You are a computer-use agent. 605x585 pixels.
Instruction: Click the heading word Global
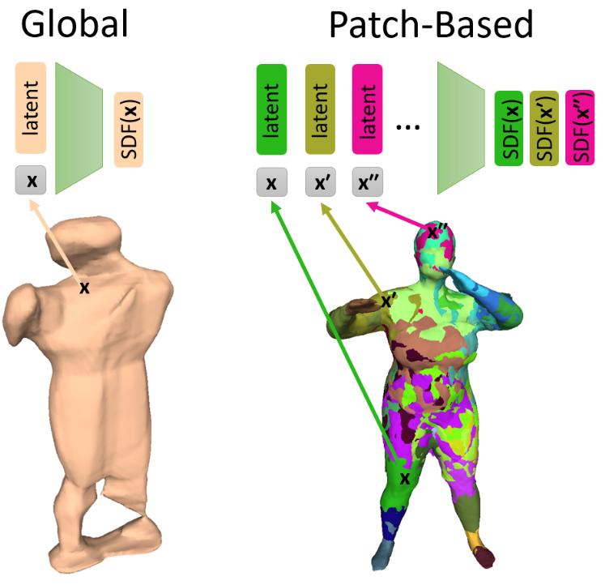point(75,26)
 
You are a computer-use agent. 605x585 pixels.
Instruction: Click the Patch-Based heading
point(430,26)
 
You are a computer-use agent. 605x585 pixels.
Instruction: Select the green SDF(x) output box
point(509,127)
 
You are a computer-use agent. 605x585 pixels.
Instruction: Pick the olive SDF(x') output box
point(546,127)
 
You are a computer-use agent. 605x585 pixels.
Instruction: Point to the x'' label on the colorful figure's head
point(438,233)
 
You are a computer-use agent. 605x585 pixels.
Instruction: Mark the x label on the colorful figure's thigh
point(405,478)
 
